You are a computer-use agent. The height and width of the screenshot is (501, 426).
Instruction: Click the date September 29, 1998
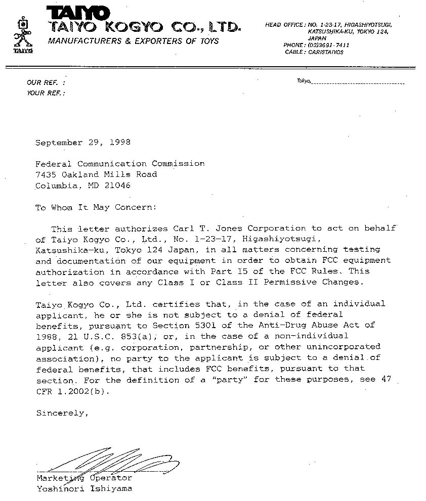coord(83,143)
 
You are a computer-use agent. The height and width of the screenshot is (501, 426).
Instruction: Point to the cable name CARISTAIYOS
coord(326,52)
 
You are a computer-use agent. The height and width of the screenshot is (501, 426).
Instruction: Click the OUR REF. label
coord(45,82)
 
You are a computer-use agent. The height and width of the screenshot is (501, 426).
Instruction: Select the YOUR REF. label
coord(46,93)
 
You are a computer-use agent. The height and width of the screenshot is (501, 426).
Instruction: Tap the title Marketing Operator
coord(84,478)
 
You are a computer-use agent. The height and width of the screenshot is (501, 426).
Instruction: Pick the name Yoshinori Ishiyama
coord(84,489)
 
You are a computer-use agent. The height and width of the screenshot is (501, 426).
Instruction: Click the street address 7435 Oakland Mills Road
coord(96,174)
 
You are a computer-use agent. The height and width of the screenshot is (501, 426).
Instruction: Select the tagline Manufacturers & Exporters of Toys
coord(133,41)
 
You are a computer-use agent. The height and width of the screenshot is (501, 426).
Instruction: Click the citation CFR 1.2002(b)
coord(71,391)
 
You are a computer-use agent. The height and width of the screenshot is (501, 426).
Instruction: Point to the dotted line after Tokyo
coord(358,82)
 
